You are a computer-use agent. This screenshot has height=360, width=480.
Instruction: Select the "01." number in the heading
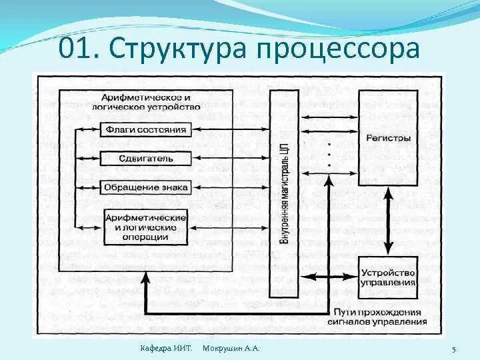click(79, 49)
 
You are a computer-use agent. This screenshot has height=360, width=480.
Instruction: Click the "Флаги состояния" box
click(145, 129)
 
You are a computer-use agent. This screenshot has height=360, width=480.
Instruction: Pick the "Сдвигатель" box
click(145, 159)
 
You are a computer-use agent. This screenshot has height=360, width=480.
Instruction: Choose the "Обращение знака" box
click(145, 187)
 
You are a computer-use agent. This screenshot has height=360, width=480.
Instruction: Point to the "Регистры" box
click(388, 138)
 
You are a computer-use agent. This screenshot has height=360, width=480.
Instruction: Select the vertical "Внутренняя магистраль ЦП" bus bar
click(285, 193)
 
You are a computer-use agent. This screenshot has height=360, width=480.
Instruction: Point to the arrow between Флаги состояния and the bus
click(231, 129)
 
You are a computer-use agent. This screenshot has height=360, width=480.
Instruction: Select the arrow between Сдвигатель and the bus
click(231, 159)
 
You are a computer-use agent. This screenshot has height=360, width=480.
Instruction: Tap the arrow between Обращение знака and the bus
click(231, 188)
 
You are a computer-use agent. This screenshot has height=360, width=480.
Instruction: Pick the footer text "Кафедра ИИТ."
click(167, 349)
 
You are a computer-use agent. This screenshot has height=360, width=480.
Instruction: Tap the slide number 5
click(453, 350)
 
